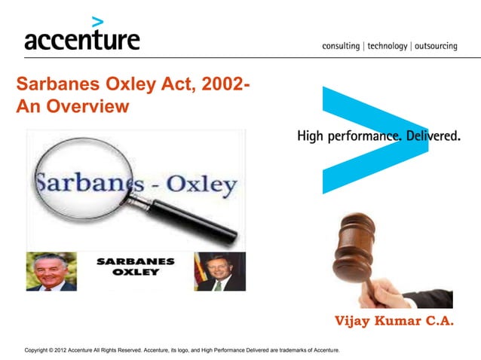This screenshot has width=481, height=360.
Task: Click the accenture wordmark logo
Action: [81, 39]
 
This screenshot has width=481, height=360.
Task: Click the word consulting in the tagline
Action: [341, 46]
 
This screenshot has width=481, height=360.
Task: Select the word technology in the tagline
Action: [387, 46]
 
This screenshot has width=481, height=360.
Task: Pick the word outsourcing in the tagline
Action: [435, 46]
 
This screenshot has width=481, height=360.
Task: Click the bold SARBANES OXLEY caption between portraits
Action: [136, 267]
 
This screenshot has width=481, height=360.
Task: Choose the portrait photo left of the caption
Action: [51, 271]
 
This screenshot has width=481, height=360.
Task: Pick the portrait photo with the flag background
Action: [220, 271]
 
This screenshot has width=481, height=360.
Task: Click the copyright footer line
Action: [182, 350]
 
